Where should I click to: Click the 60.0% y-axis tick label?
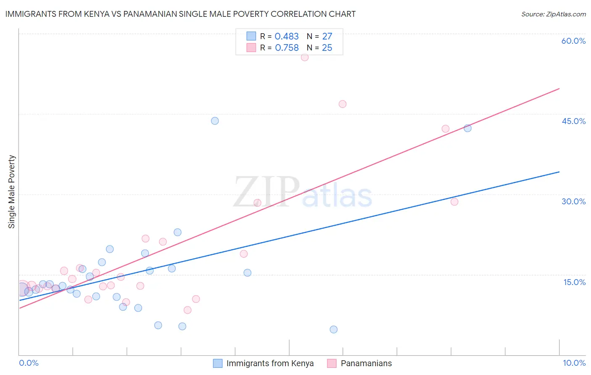coord(573,41)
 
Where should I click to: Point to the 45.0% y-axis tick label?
coord(573,121)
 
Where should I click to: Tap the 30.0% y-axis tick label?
coord(573,201)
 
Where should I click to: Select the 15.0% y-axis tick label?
coord(574,282)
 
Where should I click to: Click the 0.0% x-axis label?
coord(29,363)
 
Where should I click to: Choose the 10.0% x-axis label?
coord(574,363)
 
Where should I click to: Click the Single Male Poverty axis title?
coord(12,192)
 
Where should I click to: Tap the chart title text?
coord(180,14)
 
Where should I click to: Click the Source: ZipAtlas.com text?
coord(553,14)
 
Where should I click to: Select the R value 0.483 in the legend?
coord(286,37)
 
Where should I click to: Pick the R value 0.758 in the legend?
coord(286,48)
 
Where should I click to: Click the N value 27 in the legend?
coord(327,37)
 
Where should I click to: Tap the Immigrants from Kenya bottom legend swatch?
coord(218,363)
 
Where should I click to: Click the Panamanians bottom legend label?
coord(366,363)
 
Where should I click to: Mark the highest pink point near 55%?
coord(305,57)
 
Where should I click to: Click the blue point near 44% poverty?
coord(215,121)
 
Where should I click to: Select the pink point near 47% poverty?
coord(343,104)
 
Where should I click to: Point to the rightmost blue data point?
coord(467,128)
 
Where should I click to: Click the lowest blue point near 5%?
coord(333,329)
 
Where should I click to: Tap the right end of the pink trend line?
coord(559,89)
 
